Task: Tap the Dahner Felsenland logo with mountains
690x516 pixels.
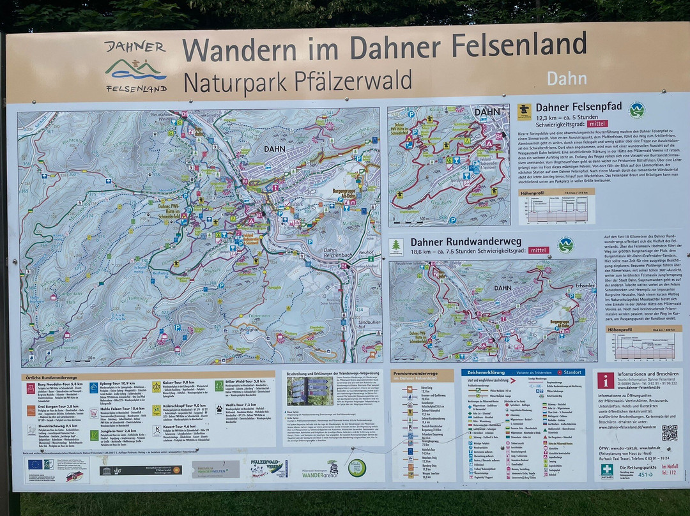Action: click(136, 67)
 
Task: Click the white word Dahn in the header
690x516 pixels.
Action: click(566, 79)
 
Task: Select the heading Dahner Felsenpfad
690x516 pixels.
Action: click(578, 107)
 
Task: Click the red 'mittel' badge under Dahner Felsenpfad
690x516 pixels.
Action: click(602, 125)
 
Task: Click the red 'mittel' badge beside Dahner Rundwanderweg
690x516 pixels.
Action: click(539, 250)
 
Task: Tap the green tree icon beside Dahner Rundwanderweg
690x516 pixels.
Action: click(397, 246)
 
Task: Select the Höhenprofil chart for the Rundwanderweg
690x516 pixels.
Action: click(643, 345)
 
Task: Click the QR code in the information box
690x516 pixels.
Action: click(669, 432)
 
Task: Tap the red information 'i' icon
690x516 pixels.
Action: click(606, 381)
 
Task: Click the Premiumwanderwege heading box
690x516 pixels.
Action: click(422, 376)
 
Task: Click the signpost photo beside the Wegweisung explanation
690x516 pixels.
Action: click(310, 391)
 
